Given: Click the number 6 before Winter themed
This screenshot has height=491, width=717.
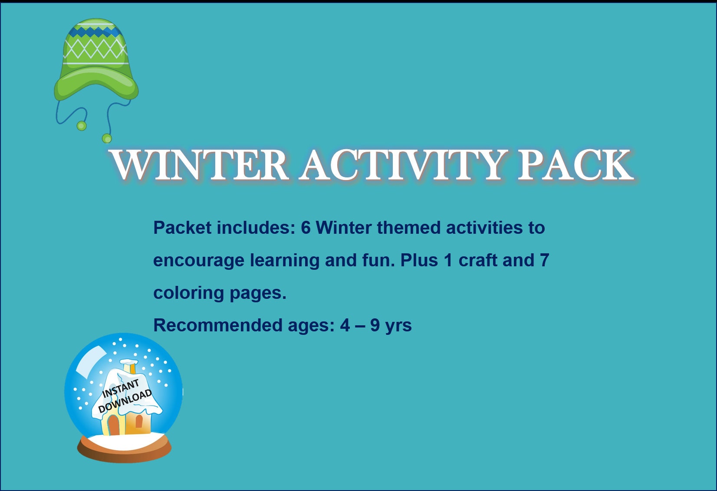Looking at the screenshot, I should pyautogui.click(x=306, y=228).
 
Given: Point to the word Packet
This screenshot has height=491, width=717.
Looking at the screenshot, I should pyautogui.click(x=182, y=228).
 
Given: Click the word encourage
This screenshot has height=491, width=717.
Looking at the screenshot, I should pyautogui.click(x=199, y=260).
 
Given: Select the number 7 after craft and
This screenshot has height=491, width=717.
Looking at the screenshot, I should pyautogui.click(x=545, y=260).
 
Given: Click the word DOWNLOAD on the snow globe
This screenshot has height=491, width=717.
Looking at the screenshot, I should pyautogui.click(x=125, y=401).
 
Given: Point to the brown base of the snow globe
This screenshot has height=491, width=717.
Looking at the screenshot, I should pyautogui.click(x=125, y=453).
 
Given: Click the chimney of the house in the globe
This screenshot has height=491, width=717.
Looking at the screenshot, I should pyautogui.click(x=129, y=367).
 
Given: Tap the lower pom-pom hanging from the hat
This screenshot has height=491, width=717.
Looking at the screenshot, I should pyautogui.click(x=107, y=139).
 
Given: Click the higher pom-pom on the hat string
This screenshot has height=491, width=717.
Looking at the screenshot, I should pyautogui.click(x=82, y=126).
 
